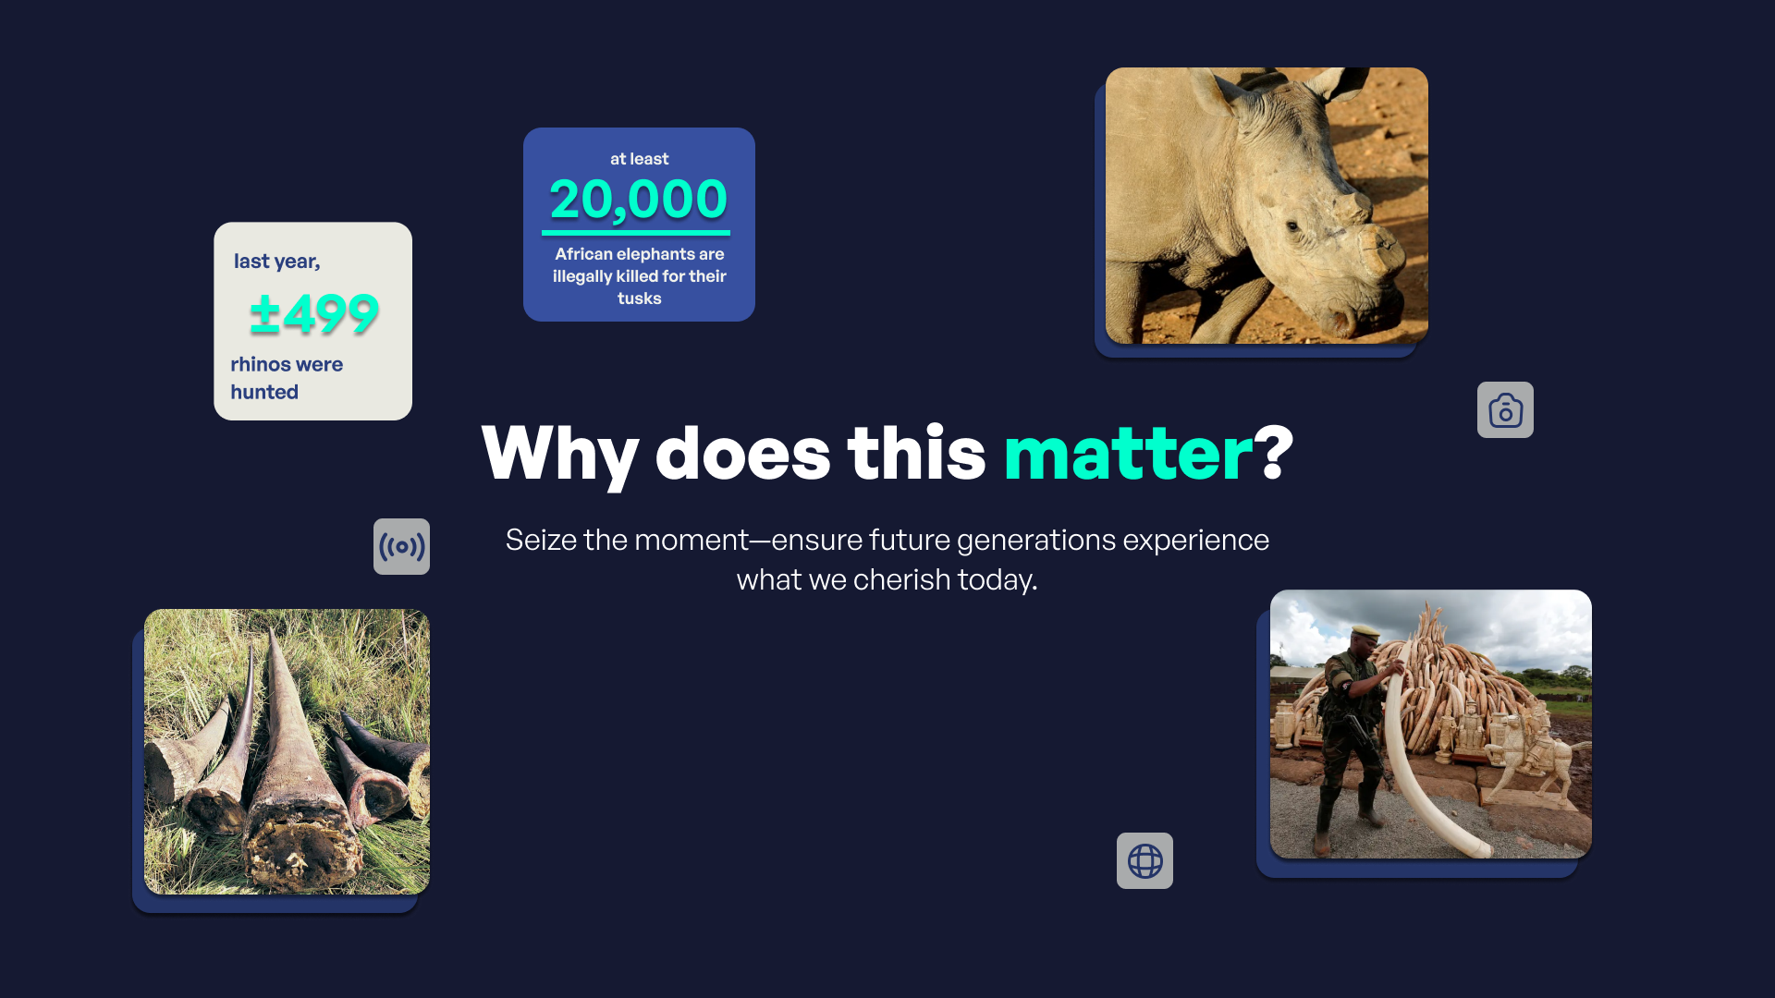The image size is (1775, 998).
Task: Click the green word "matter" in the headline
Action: click(x=1128, y=454)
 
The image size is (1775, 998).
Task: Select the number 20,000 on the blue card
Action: click(x=639, y=200)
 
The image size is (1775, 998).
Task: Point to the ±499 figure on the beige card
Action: click(x=314, y=314)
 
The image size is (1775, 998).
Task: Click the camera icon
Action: click(x=1505, y=409)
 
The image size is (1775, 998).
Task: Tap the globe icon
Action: click(x=1145, y=860)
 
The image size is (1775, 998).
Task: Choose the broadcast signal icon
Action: click(x=401, y=546)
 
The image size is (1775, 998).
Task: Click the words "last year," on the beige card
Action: click(x=277, y=262)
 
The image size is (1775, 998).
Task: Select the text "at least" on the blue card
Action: click(x=639, y=159)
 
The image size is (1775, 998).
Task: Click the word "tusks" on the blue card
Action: click(x=640, y=298)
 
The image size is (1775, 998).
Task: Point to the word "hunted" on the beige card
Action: click(x=264, y=392)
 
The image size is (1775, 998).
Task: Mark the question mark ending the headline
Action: click(x=1274, y=454)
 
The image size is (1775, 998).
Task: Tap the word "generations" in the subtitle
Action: click(x=1036, y=541)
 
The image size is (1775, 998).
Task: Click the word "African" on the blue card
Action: click(x=583, y=254)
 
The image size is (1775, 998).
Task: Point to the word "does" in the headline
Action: click(x=743, y=454)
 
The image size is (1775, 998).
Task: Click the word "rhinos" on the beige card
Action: click(x=261, y=364)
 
